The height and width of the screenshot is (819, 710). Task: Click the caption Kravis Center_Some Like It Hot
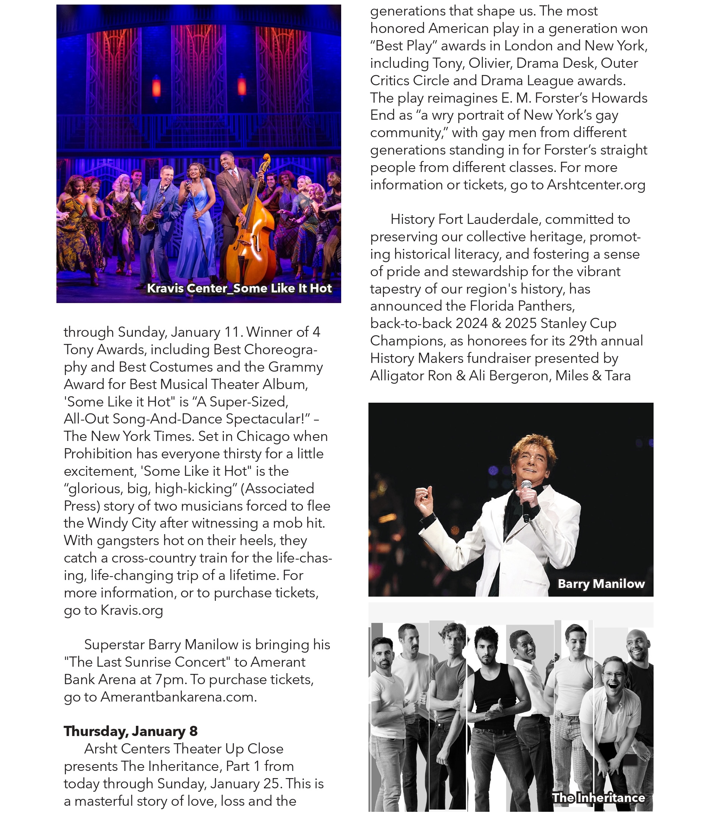click(239, 288)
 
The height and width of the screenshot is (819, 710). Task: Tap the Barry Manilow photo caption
click(601, 583)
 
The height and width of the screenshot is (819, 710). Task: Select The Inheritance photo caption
click(598, 797)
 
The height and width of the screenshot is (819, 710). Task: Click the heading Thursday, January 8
click(130, 731)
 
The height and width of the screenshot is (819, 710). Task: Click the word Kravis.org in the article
click(131, 610)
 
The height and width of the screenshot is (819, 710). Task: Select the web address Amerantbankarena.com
click(178, 697)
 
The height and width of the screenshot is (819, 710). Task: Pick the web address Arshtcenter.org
click(596, 185)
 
